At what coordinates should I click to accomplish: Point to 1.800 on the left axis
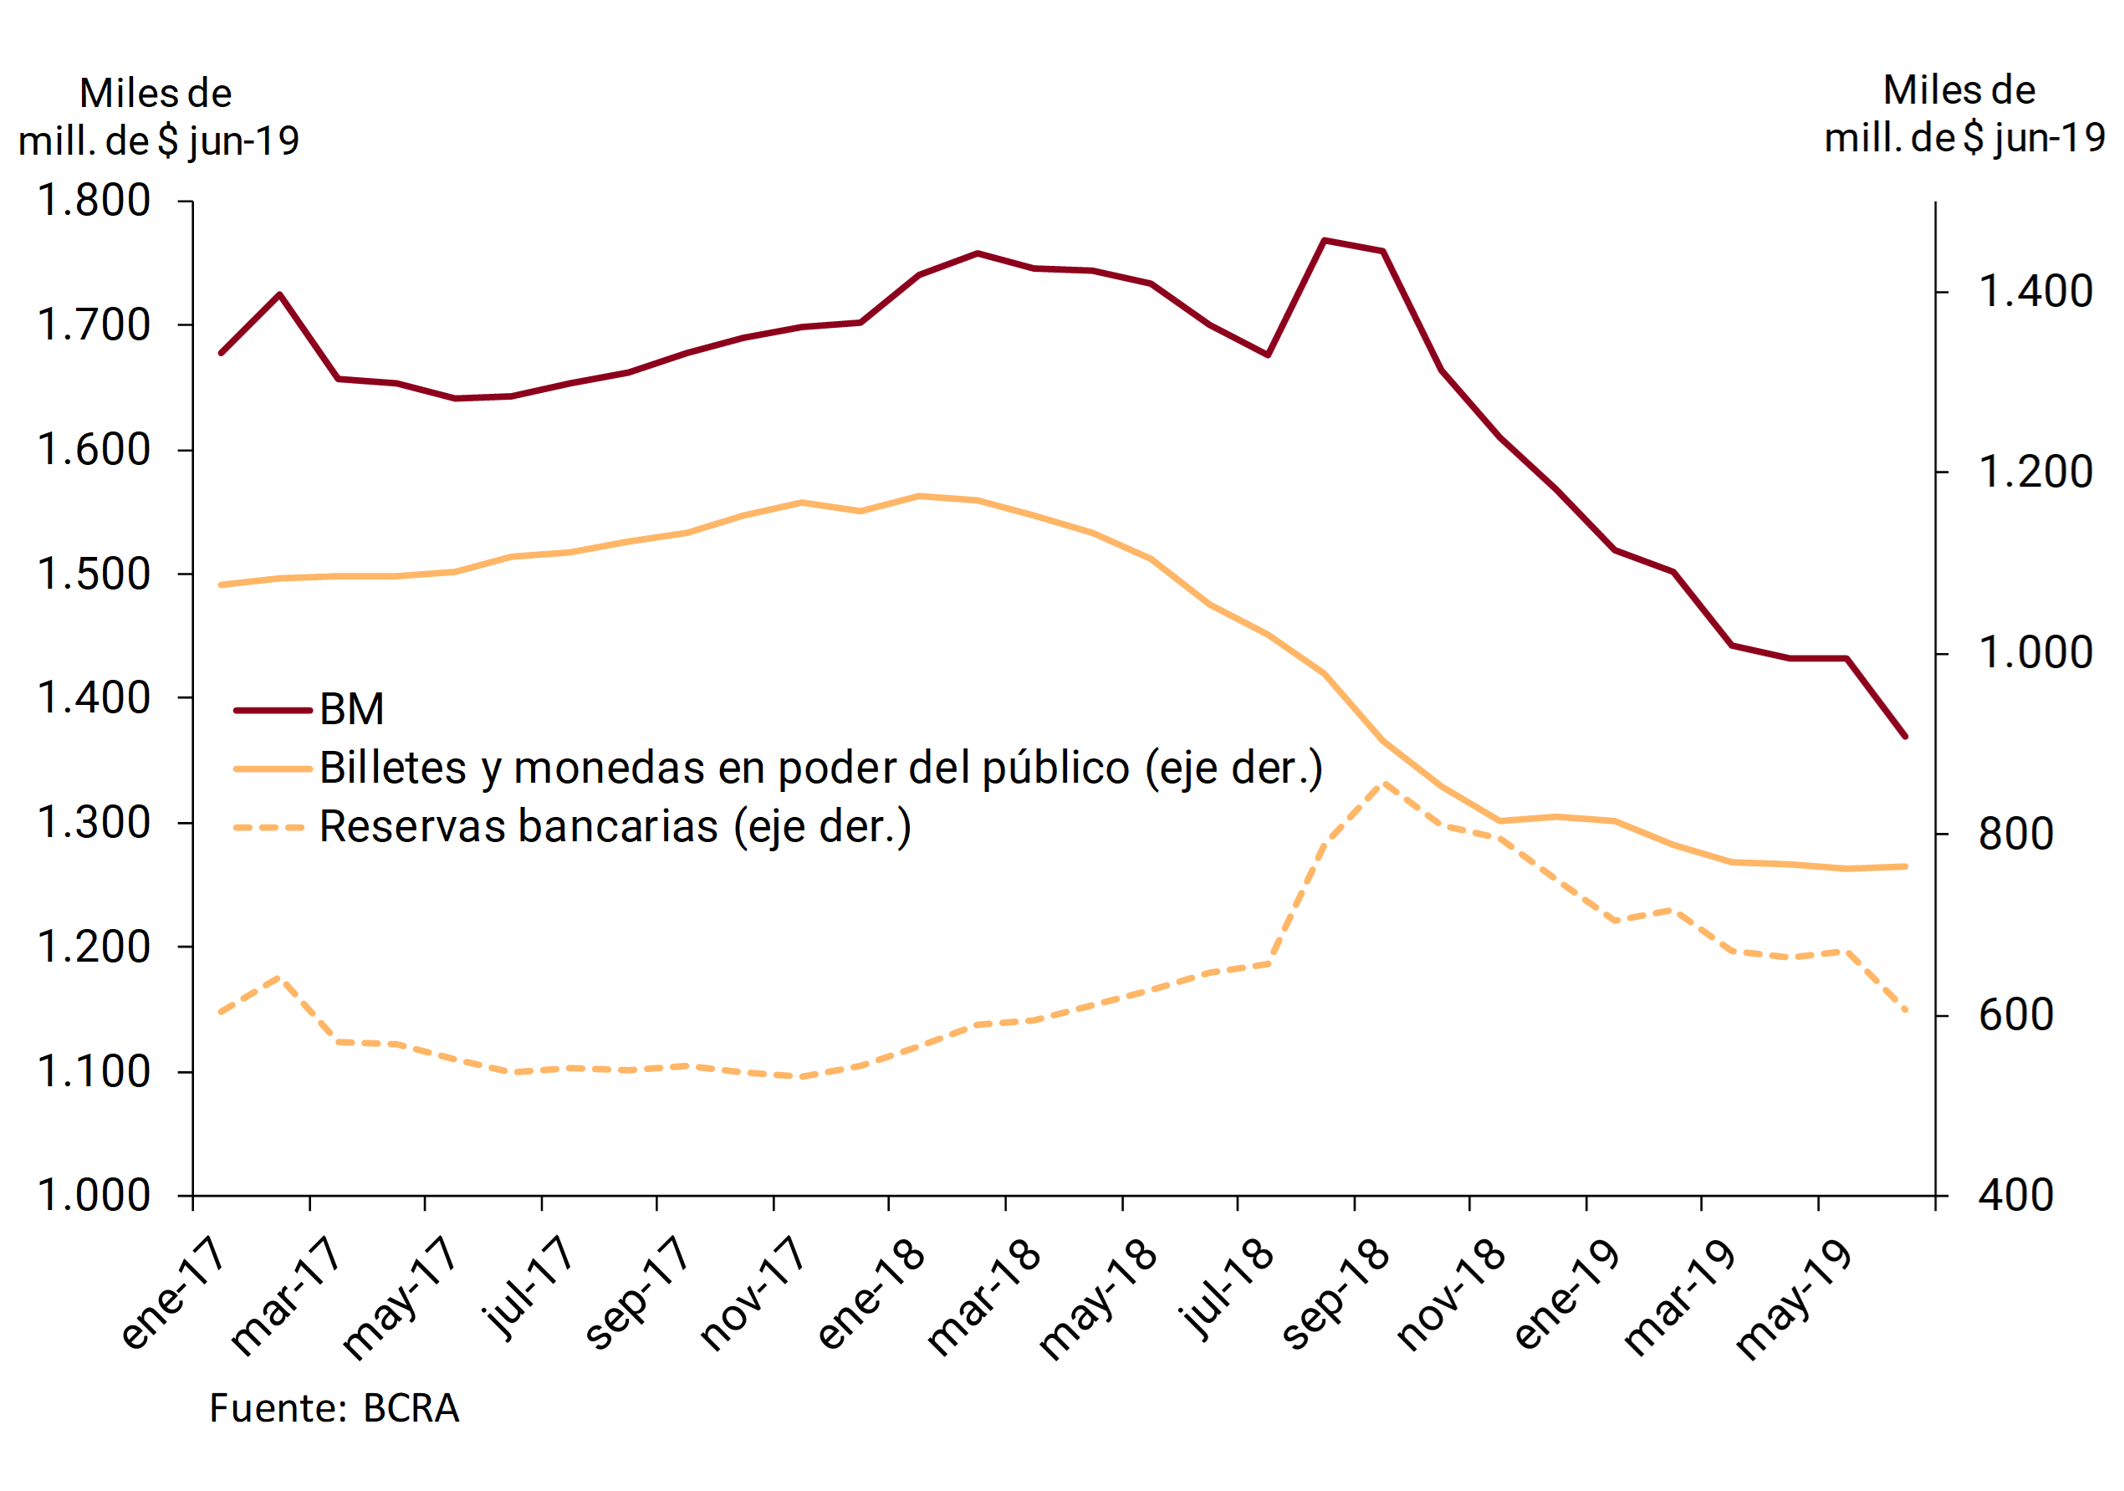(x=94, y=201)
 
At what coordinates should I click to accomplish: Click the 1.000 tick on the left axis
(x=94, y=1195)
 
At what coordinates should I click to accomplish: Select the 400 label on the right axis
(x=2017, y=1195)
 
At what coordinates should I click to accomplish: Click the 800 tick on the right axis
(x=2017, y=835)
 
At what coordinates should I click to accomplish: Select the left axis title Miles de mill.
(x=158, y=117)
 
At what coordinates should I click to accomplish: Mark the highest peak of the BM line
(x=1325, y=241)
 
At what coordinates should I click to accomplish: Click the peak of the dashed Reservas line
(x=1383, y=784)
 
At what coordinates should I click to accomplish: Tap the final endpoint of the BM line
(x=1905, y=736)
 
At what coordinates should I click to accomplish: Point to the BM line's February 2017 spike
(x=279, y=294)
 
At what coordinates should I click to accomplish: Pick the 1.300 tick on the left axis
(x=94, y=822)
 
